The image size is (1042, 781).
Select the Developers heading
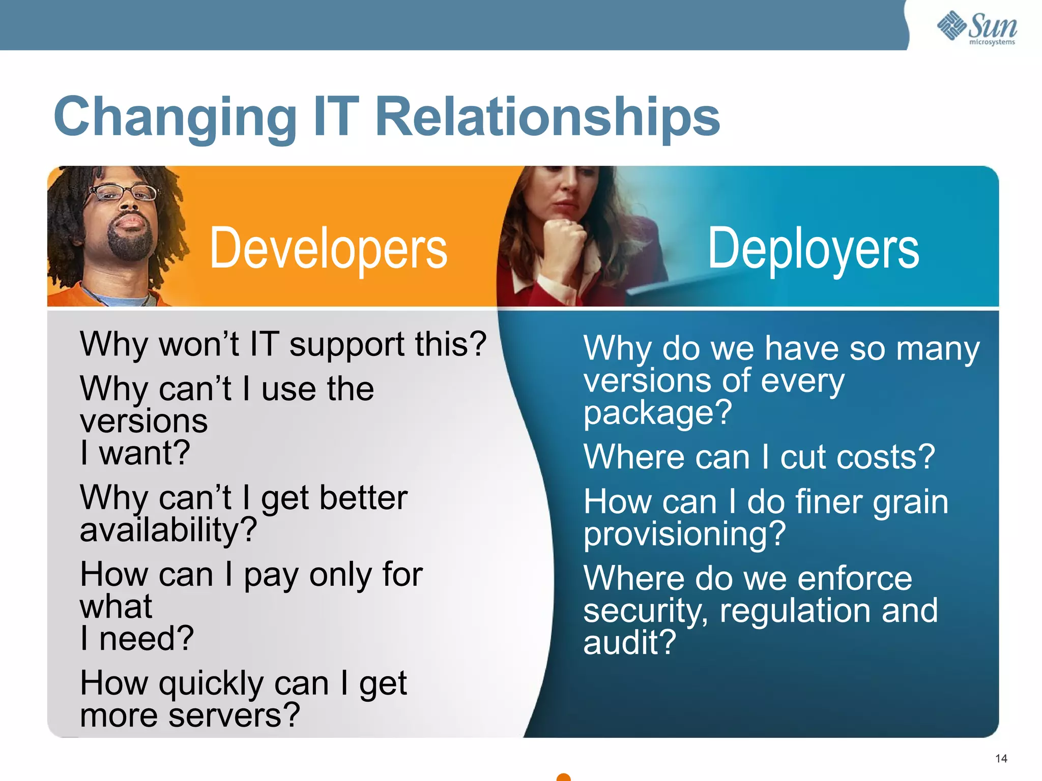pos(328,249)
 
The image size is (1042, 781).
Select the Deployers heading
pos(813,249)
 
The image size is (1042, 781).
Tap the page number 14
pos(1001,759)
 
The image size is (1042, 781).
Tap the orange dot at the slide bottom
pos(563,776)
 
